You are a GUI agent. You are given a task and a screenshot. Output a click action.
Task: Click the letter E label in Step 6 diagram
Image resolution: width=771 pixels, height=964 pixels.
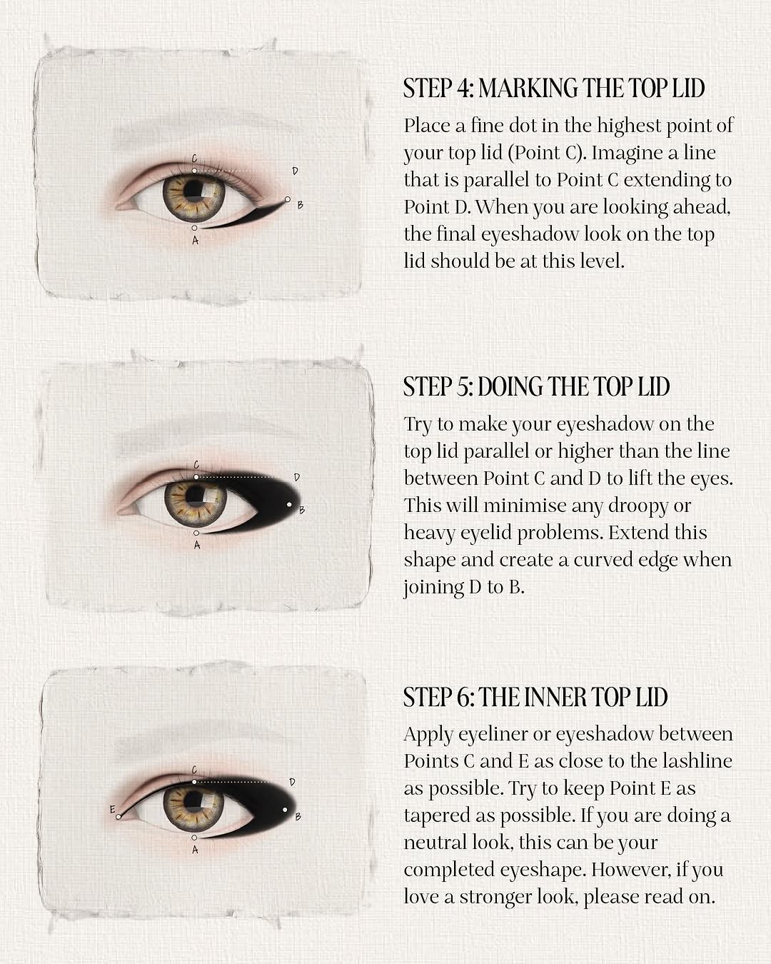[113, 810]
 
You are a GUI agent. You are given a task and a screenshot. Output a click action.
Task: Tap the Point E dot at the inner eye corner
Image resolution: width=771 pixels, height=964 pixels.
[119, 817]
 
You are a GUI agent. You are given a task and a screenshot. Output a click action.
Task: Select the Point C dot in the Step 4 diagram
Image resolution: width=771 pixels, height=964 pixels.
[194, 171]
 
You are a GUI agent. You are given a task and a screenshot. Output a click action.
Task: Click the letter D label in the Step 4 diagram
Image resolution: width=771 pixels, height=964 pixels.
[295, 171]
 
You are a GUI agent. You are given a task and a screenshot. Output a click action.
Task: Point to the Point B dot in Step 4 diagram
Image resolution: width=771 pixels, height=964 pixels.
[288, 199]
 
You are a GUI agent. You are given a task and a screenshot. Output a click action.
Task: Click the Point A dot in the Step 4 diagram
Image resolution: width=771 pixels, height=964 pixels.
[194, 228]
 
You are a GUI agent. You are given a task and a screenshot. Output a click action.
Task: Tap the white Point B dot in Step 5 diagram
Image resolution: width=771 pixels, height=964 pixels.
[289, 504]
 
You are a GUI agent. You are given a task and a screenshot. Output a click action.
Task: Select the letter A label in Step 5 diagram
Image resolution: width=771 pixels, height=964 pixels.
[196, 545]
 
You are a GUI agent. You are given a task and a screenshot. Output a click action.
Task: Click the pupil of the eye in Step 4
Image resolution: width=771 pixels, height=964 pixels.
[193, 188]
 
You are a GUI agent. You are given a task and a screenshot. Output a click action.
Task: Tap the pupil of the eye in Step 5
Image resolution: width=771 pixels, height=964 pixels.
[196, 494]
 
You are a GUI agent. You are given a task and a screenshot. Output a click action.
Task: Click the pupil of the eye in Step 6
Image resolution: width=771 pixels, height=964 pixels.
[193, 799]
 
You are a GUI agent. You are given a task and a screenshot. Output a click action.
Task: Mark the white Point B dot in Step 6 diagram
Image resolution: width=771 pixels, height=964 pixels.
[285, 810]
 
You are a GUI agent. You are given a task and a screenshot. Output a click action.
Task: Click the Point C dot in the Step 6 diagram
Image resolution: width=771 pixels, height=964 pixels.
[194, 782]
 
